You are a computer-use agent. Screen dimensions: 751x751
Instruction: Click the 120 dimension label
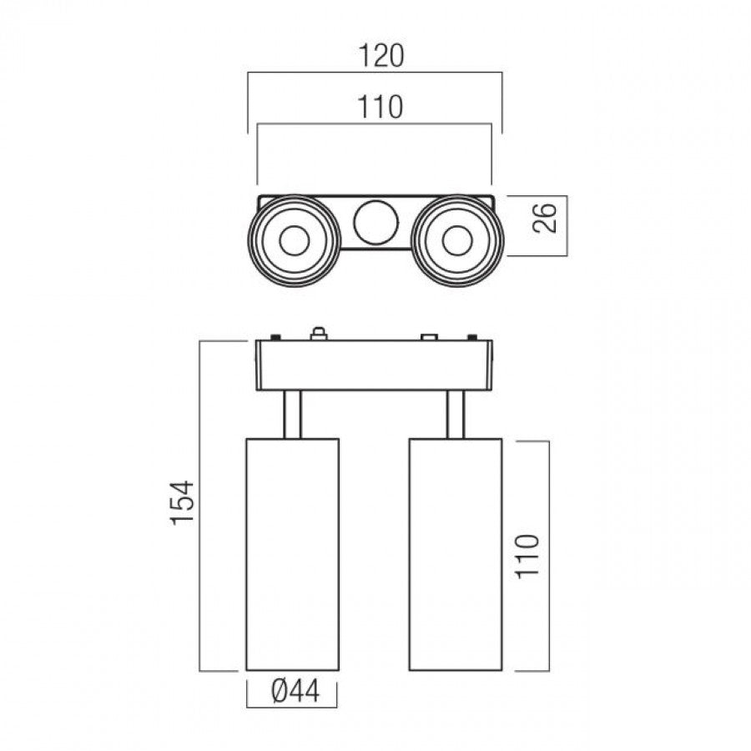[x=381, y=56]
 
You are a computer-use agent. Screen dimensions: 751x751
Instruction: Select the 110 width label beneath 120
[x=380, y=107]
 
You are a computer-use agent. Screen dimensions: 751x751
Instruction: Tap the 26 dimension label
[x=545, y=218]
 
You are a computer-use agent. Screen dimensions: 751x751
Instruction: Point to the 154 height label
[x=183, y=503]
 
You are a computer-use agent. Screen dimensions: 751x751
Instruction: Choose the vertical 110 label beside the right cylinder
[x=527, y=557]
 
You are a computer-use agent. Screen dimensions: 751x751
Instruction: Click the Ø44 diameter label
[x=295, y=692]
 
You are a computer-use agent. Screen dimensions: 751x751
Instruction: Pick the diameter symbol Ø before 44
[x=280, y=692]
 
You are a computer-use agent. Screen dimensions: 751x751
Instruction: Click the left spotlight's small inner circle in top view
[x=294, y=240]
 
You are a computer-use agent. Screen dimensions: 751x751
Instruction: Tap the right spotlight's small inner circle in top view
[x=457, y=240]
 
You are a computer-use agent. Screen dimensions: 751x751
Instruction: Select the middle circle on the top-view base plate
[x=376, y=223]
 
